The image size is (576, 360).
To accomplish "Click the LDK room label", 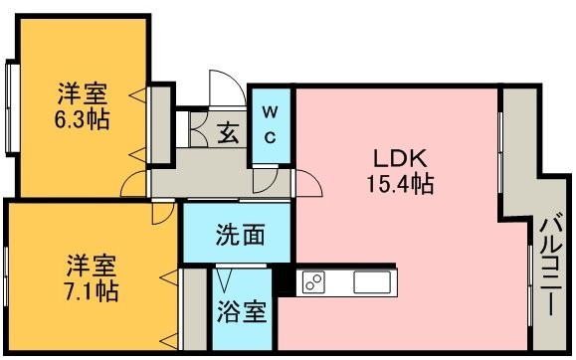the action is [400, 158].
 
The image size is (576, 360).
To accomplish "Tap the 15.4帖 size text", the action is [400, 183].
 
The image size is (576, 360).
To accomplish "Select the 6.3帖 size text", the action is [82, 118].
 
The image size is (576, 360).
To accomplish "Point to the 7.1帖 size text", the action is [92, 291].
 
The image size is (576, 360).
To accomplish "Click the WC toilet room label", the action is [271, 125].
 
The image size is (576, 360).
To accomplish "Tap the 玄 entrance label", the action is [228, 132].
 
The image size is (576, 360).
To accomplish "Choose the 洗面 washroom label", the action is [240, 235].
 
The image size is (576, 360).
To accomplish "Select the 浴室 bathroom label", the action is [242, 312].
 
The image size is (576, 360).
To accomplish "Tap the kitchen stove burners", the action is [313, 282].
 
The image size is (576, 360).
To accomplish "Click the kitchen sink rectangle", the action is [372, 282].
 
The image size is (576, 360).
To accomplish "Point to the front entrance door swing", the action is [228, 89].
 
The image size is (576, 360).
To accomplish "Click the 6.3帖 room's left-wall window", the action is [13, 108].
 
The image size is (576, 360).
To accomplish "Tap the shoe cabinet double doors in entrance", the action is [198, 129].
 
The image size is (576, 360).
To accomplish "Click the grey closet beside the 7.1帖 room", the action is [195, 309].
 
